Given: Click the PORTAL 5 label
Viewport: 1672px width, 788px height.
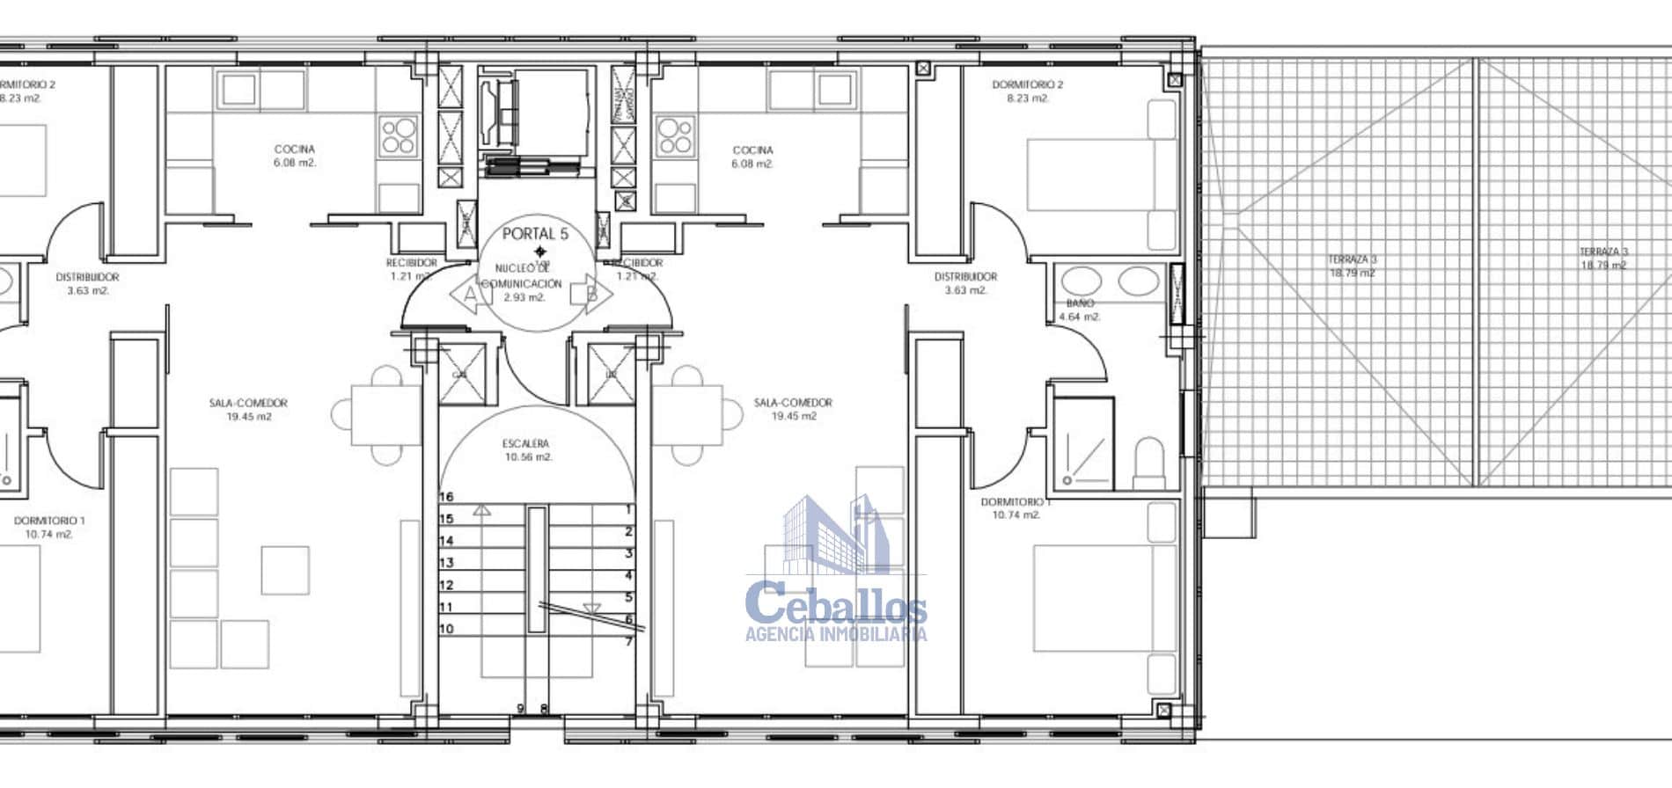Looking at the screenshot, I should pos(535,234).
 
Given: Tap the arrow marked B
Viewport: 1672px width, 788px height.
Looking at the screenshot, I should pos(592,293).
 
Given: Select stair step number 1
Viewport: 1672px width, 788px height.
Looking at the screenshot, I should pos(628,510).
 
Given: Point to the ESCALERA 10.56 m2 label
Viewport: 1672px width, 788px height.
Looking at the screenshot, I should pos(527,450).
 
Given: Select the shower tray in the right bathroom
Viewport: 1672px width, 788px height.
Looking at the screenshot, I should pos(1084,444).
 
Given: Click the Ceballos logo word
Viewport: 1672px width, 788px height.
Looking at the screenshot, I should pos(835,605).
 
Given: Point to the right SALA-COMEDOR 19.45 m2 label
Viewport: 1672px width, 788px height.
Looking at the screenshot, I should pos(793,409).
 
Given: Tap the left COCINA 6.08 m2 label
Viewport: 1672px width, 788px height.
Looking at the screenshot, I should pos(294,156).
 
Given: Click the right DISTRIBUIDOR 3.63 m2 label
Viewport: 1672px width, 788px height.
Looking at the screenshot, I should pos(965,283).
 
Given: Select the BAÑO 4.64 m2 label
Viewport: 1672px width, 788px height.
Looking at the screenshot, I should pos(1080,310).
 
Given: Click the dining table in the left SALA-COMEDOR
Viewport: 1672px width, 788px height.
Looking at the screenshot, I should pos(385,415).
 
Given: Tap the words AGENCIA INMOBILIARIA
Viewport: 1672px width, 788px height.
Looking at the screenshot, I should pos(835,634).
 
